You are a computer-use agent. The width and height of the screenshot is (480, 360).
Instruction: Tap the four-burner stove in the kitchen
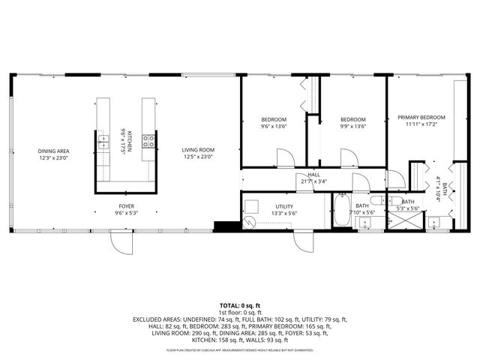pyautogui.click(x=149, y=139)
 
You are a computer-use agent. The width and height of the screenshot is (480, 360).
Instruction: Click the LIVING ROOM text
pyautogui.click(x=198, y=151)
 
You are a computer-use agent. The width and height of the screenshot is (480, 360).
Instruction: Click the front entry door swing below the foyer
pyautogui.click(x=118, y=241)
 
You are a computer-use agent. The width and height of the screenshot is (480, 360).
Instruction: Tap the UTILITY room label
pyautogui.click(x=284, y=206)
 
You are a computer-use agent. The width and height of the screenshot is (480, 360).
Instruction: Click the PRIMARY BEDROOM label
pyautogui.click(x=421, y=118)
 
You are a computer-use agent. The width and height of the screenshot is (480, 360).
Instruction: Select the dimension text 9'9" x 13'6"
pyautogui.click(x=352, y=127)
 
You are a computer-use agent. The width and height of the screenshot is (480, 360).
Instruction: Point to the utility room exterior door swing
pyautogui.click(x=303, y=241)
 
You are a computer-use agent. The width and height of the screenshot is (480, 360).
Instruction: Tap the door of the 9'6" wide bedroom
pyautogui.click(x=286, y=158)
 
